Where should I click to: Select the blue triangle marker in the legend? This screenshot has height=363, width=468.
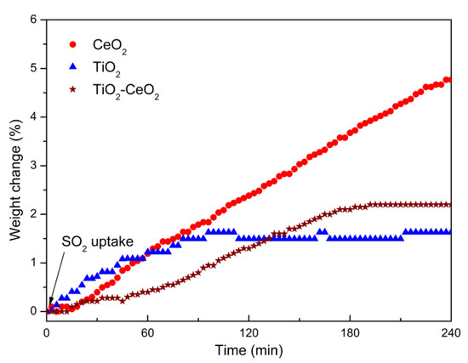click(71, 65)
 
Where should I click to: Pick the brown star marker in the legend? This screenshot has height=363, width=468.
click(71, 87)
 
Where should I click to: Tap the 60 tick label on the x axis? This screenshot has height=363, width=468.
click(147, 330)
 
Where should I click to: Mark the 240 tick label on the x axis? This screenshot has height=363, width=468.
click(449, 330)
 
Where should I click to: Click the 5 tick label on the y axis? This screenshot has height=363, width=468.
click(33, 68)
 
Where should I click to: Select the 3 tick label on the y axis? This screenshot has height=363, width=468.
click(33, 166)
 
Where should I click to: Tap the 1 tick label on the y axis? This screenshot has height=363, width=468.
click(33, 263)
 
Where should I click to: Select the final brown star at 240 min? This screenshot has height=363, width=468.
click(448, 204)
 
